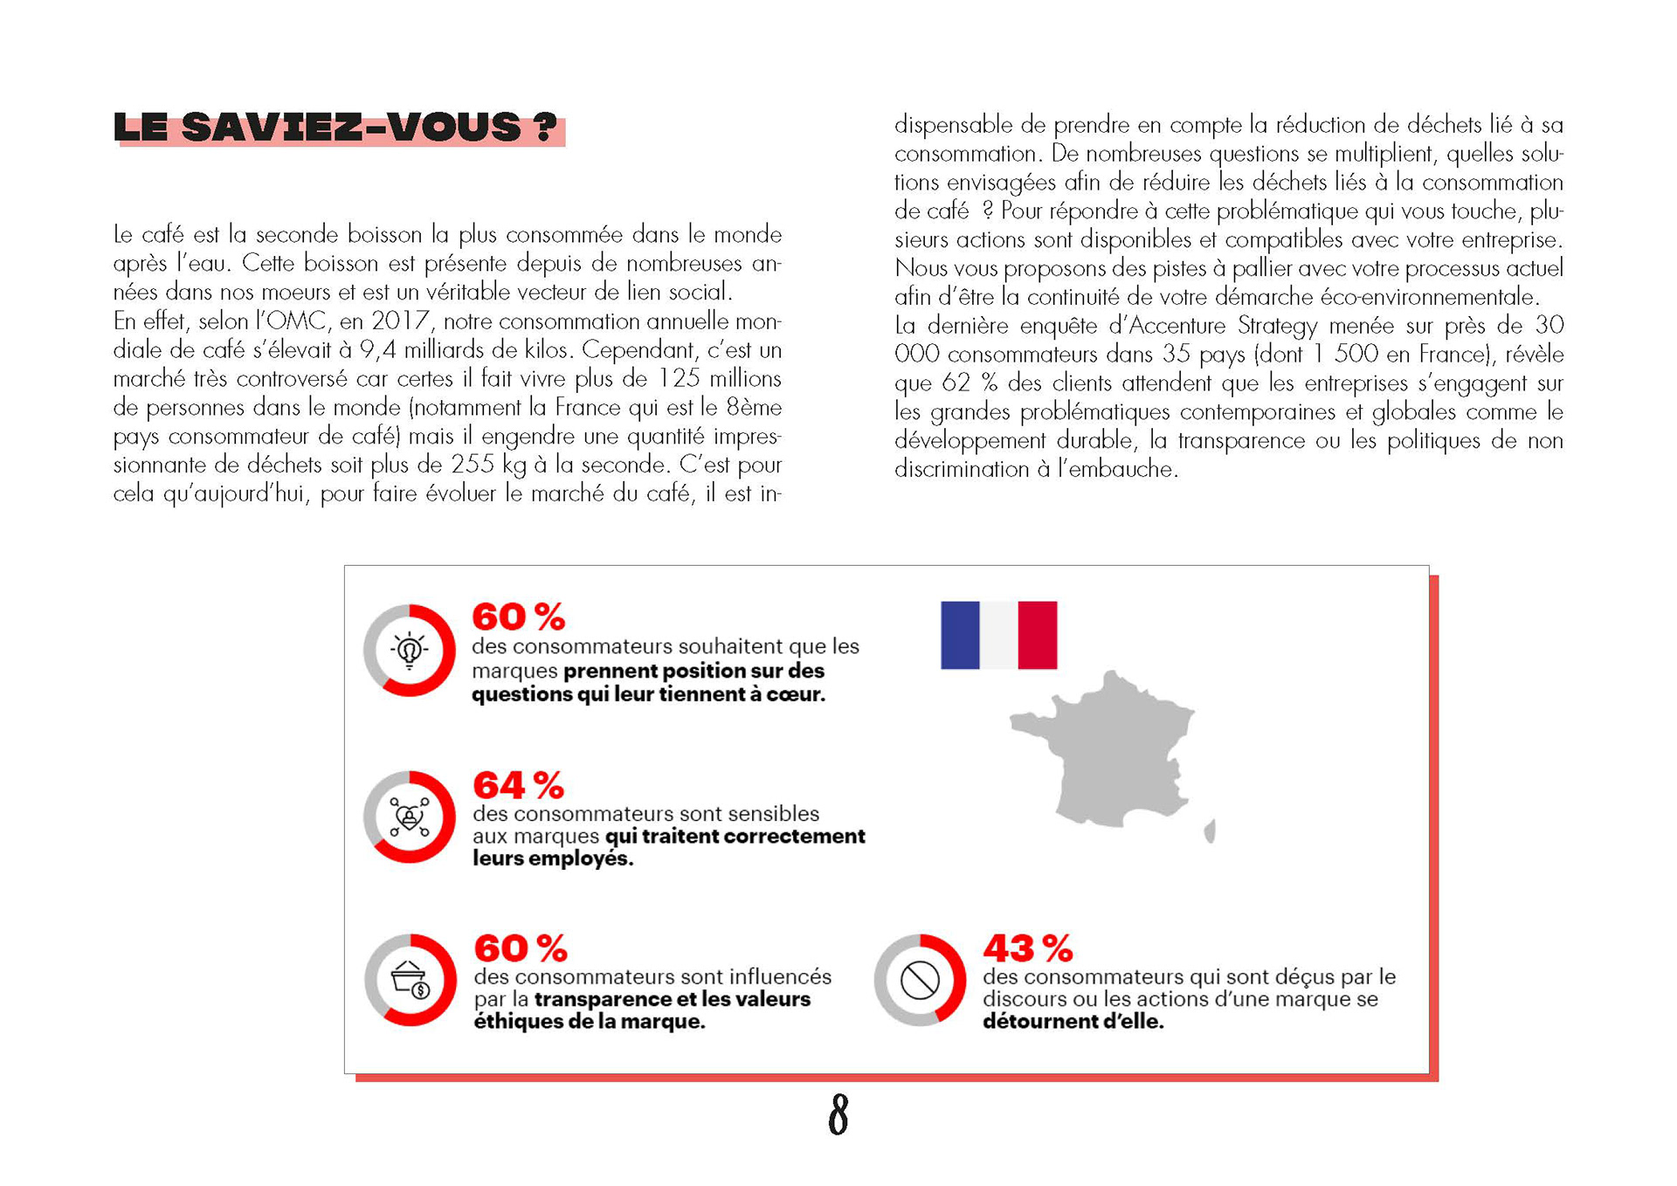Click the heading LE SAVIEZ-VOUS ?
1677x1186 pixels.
[x=335, y=128]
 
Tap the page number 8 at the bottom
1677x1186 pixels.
[x=838, y=1114]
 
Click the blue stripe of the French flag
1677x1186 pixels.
[x=960, y=635]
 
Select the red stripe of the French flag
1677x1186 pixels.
[x=1038, y=635]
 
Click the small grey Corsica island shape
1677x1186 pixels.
[x=1210, y=831]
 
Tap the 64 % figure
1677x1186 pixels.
[x=518, y=785]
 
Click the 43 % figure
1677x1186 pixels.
[x=1027, y=948]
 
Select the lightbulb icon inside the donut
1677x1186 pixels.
[x=409, y=651]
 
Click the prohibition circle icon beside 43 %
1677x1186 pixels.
[x=920, y=980]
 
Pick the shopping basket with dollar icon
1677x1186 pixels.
[x=410, y=980]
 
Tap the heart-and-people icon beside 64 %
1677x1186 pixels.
[x=409, y=817]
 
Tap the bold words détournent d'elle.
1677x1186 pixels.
[x=1073, y=1022]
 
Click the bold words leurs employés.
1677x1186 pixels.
[x=552, y=858]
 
